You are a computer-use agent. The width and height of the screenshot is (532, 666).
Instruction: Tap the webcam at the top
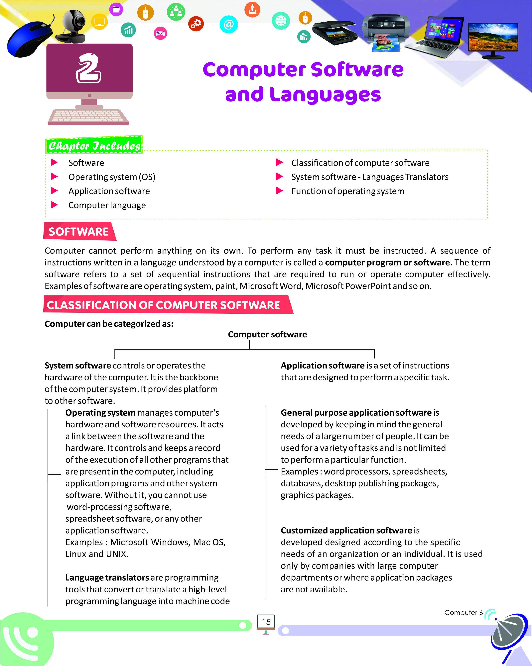[x=73, y=26]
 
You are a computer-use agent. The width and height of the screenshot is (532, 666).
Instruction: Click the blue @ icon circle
[x=228, y=24]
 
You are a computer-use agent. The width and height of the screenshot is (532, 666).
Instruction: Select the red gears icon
[x=196, y=24]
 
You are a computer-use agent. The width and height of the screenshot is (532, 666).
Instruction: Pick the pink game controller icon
[x=160, y=33]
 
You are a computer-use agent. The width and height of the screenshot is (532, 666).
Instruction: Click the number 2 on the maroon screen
[x=88, y=69]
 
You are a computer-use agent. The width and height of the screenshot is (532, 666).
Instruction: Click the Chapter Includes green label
[x=94, y=145]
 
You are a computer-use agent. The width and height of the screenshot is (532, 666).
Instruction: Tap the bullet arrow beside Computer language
[x=54, y=205]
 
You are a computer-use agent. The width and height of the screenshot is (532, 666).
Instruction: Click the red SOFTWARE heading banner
[x=79, y=231]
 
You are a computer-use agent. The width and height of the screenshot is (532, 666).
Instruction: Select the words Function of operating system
[x=348, y=191]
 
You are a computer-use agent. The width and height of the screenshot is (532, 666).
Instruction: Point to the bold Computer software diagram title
[x=267, y=335]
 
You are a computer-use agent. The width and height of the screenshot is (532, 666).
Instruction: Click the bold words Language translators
[x=107, y=578]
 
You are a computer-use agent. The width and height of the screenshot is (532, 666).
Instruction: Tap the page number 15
[x=266, y=622]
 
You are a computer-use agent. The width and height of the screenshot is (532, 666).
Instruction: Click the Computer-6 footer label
[x=463, y=613]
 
